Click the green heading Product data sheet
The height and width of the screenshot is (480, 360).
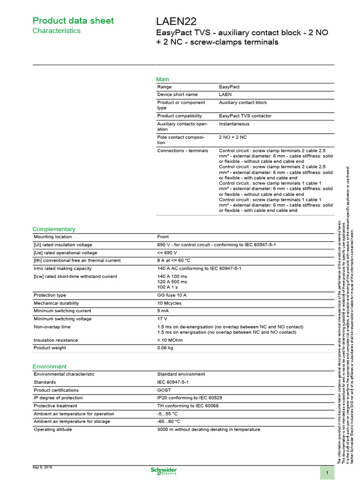point(73,21)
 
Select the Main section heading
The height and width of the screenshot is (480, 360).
point(163,79)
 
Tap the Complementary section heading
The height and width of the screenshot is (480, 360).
point(53,229)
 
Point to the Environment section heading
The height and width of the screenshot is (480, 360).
point(49,366)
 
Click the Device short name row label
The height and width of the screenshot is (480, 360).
point(178,94)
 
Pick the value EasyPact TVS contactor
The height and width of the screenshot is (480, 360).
point(245,116)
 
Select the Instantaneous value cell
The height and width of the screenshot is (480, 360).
point(234,124)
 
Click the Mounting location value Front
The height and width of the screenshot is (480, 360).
point(163,237)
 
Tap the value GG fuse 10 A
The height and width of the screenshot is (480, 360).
point(172,295)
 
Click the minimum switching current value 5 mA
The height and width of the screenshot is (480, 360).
point(163,311)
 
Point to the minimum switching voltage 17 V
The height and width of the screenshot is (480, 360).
point(162,319)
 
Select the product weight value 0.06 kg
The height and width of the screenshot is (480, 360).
point(165,348)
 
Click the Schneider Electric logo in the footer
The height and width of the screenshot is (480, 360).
point(163,471)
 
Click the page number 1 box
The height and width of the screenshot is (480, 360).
point(327,473)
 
